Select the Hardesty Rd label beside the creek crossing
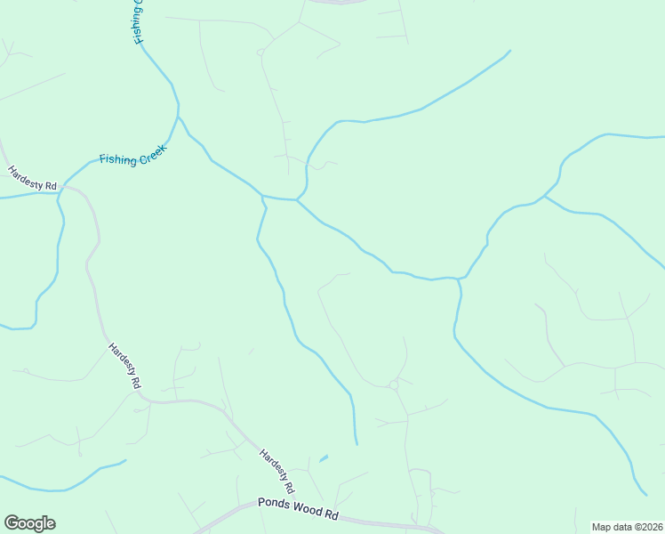33,177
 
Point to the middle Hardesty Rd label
125,366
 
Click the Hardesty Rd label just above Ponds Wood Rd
277,472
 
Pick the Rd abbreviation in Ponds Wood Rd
332,515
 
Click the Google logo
29,523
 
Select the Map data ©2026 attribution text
628,527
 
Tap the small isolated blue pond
323,458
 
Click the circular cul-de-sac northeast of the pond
393,384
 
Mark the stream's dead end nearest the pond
357,443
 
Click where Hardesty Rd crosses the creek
61,191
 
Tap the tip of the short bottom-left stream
125,461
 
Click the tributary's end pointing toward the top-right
509,51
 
